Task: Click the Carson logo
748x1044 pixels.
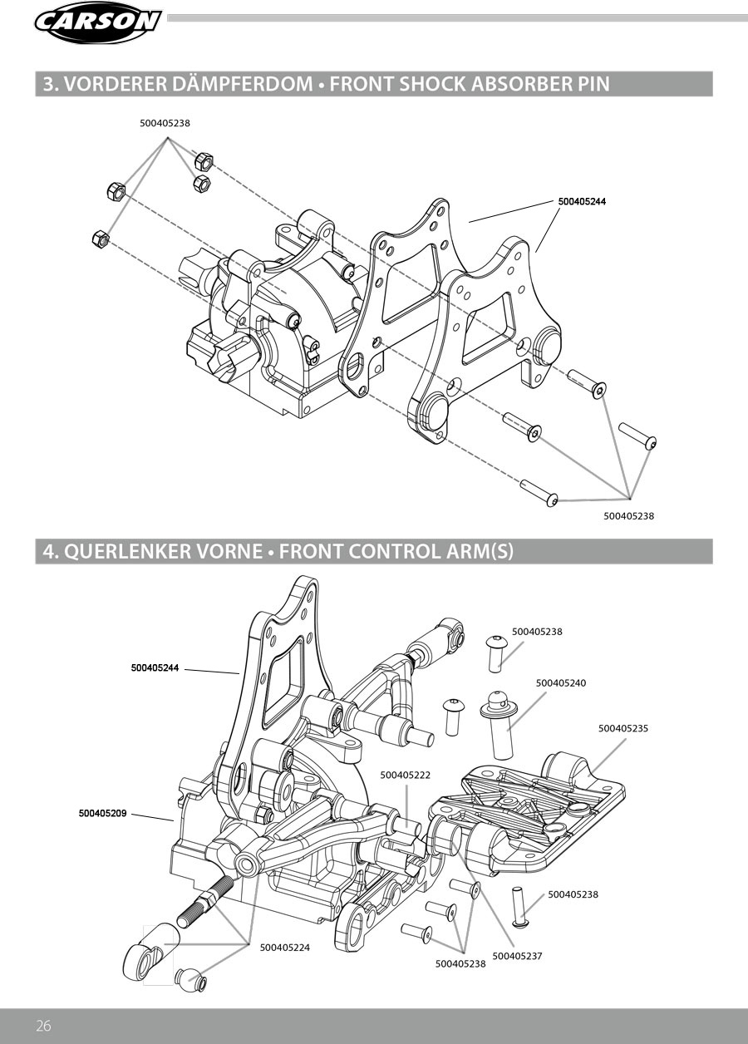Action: (97, 22)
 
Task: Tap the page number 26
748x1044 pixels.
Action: (43, 1026)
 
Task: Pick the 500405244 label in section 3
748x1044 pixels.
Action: (582, 201)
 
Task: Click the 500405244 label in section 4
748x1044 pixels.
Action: (155, 668)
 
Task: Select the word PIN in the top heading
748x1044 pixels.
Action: (592, 83)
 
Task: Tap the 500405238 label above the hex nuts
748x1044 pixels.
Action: (165, 124)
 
